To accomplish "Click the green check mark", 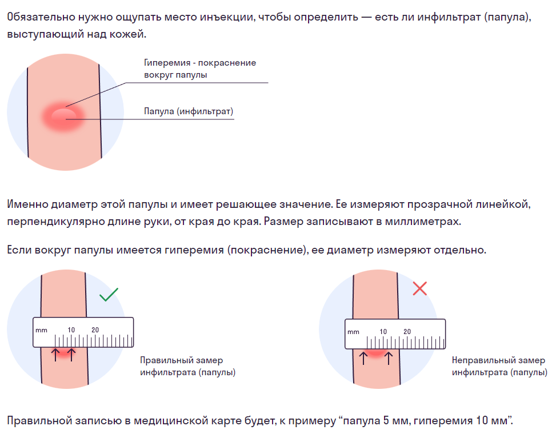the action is [109, 295].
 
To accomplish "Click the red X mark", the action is [420, 288].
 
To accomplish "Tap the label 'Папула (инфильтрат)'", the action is [189, 111].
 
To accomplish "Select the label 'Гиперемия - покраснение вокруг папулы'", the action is [200, 69].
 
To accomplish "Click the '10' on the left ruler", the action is [71, 330].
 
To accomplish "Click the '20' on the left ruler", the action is [95, 330].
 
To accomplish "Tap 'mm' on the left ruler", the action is [41, 330].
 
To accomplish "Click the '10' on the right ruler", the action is [383, 332].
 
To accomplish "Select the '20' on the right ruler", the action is [407, 332].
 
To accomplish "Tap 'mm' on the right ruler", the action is [353, 332].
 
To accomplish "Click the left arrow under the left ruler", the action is [55, 355].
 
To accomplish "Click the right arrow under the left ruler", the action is [71, 355].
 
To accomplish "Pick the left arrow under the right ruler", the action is [363, 358].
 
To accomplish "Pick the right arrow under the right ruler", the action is [389, 358].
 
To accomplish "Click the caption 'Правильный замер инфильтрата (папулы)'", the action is [188, 367].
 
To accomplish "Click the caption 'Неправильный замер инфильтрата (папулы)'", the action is [499, 367].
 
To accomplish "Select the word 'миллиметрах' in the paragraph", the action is [423, 222].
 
